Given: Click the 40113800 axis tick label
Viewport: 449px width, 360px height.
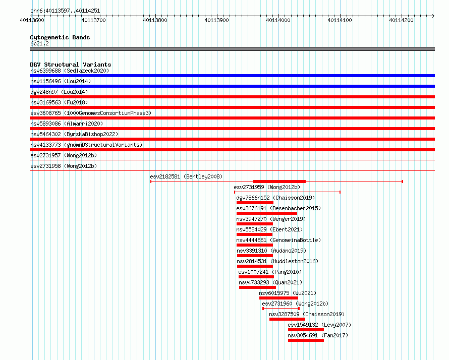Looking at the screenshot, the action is point(155,20).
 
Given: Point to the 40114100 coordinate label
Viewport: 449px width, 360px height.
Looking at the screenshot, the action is point(340,20).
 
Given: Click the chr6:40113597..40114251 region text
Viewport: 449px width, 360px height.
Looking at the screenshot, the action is point(65,11).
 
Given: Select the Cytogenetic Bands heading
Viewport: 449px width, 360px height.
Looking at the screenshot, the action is point(60,37).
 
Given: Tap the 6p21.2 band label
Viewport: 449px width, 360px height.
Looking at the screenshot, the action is point(39,43).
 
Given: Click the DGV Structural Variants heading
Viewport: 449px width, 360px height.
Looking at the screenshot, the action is point(71,65).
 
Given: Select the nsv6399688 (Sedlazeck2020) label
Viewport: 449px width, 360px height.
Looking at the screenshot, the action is point(70,71).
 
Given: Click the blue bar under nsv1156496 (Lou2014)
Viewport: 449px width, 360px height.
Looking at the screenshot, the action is point(232,86).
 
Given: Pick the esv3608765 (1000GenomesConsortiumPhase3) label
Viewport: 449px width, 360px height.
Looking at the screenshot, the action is point(91,113).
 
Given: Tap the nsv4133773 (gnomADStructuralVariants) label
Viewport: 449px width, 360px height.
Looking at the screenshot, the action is point(86,145).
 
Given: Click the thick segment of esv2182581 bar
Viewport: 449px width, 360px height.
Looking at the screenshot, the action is point(279,182).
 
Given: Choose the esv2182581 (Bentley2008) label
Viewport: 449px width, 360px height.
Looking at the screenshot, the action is point(186,176).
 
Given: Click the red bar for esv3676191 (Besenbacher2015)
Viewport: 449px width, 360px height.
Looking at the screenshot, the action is point(266,213).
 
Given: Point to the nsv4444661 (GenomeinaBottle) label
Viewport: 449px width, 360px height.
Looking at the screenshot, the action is point(278,240).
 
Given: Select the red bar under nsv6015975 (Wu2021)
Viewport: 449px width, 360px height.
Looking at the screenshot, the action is point(278,298).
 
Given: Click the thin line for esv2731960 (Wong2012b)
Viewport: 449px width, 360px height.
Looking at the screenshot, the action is point(281,309).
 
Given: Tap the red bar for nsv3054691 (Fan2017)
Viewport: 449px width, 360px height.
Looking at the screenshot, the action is point(306,340).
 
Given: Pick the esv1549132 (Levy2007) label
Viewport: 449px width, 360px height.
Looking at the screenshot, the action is point(319,325).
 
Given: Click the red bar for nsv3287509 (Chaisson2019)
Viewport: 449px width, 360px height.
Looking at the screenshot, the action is point(287,319).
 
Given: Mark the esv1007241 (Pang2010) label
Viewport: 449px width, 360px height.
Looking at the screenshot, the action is point(270,272).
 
